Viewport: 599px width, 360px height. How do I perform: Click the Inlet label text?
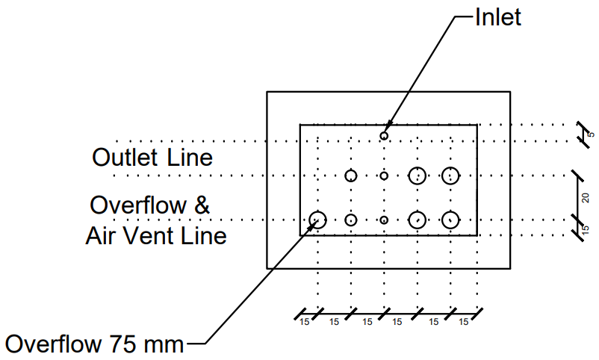tap(497, 17)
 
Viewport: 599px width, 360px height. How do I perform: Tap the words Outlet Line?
tap(152, 157)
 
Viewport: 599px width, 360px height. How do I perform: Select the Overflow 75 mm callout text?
tap(94, 344)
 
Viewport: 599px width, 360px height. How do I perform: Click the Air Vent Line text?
tap(156, 235)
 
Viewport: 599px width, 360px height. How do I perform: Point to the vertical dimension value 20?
tap(585, 198)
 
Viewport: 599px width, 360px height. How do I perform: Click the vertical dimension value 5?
tap(591, 134)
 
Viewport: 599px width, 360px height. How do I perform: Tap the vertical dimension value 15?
tap(585, 230)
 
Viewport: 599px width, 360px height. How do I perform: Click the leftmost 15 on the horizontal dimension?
tap(304, 322)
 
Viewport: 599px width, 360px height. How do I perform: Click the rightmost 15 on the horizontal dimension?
tap(463, 322)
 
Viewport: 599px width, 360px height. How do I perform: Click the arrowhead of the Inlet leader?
tap(388, 126)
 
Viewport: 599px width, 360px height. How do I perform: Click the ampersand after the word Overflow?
tap(202, 205)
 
